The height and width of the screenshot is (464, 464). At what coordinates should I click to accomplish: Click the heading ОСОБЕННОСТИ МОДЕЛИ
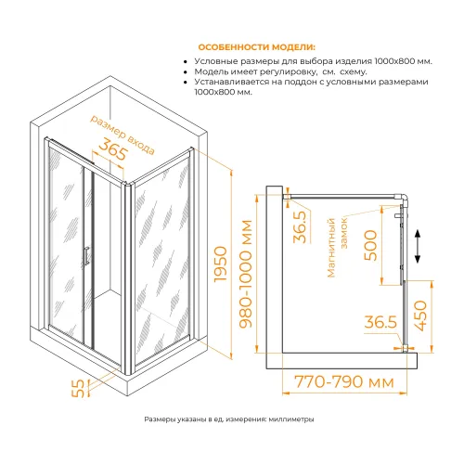click(257, 47)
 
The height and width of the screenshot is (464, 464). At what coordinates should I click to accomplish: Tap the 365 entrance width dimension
click(113, 149)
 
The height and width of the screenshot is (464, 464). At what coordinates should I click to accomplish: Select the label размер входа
click(122, 135)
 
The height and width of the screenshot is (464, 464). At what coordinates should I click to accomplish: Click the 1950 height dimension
click(221, 264)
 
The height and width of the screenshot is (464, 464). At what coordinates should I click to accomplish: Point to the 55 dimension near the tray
click(78, 388)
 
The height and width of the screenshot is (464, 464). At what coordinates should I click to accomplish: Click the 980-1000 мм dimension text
click(247, 274)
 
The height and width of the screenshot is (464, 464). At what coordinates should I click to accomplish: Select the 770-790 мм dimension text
click(344, 381)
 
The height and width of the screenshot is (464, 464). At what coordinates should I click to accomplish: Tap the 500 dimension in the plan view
click(370, 245)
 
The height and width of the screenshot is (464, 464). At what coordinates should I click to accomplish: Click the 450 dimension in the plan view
click(420, 316)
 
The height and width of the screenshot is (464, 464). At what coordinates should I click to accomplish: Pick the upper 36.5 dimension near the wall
click(300, 226)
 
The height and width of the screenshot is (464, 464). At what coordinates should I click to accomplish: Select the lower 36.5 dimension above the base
click(380, 322)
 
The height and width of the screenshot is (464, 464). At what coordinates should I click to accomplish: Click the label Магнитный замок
click(338, 247)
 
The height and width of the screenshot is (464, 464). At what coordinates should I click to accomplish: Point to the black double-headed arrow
click(418, 246)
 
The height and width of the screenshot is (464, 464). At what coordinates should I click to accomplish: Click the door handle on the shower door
click(86, 256)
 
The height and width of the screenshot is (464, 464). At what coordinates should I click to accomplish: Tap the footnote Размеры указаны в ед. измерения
click(229, 419)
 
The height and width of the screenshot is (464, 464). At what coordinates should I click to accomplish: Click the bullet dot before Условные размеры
click(186, 62)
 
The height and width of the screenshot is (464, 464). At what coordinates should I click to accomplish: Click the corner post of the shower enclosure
click(128, 278)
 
